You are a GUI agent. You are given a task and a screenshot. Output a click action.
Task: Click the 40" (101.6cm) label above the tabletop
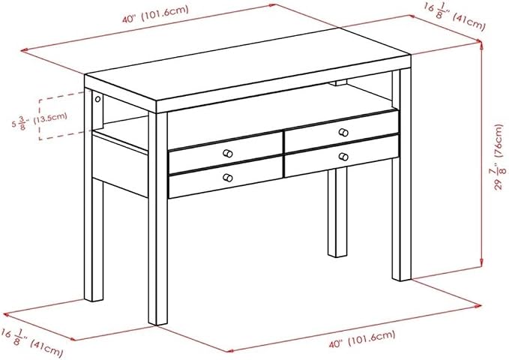coord(155,14)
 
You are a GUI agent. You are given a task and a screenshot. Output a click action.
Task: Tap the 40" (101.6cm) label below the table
coord(362,339)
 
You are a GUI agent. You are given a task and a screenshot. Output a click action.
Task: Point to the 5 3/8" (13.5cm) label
coord(40,120)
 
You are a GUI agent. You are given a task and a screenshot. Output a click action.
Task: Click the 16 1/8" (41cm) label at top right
coord(454,16)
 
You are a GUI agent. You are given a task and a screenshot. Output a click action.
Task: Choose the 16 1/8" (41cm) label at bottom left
coord(31,343)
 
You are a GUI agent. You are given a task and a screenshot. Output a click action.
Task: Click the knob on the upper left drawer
coord(228,153)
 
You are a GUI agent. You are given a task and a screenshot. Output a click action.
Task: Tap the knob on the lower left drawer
coord(228,178)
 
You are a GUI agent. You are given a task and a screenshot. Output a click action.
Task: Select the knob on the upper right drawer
coord(343,133)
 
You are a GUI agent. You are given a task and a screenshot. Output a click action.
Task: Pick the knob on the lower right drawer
coord(343,157)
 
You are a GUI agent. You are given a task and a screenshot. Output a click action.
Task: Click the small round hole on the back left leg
coord(97,99)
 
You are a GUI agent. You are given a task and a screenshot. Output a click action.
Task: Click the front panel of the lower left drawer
coord(226,177)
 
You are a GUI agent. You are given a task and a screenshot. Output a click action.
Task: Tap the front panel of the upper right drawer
coord(342,131)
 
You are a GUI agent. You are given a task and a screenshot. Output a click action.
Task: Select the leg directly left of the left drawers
coord(158,218)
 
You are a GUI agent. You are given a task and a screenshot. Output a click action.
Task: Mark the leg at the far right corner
coord(402,175)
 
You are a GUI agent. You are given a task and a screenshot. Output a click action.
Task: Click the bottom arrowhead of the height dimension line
coord(481,263)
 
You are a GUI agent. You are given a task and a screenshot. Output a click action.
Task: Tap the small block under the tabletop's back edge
coord(337,82)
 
